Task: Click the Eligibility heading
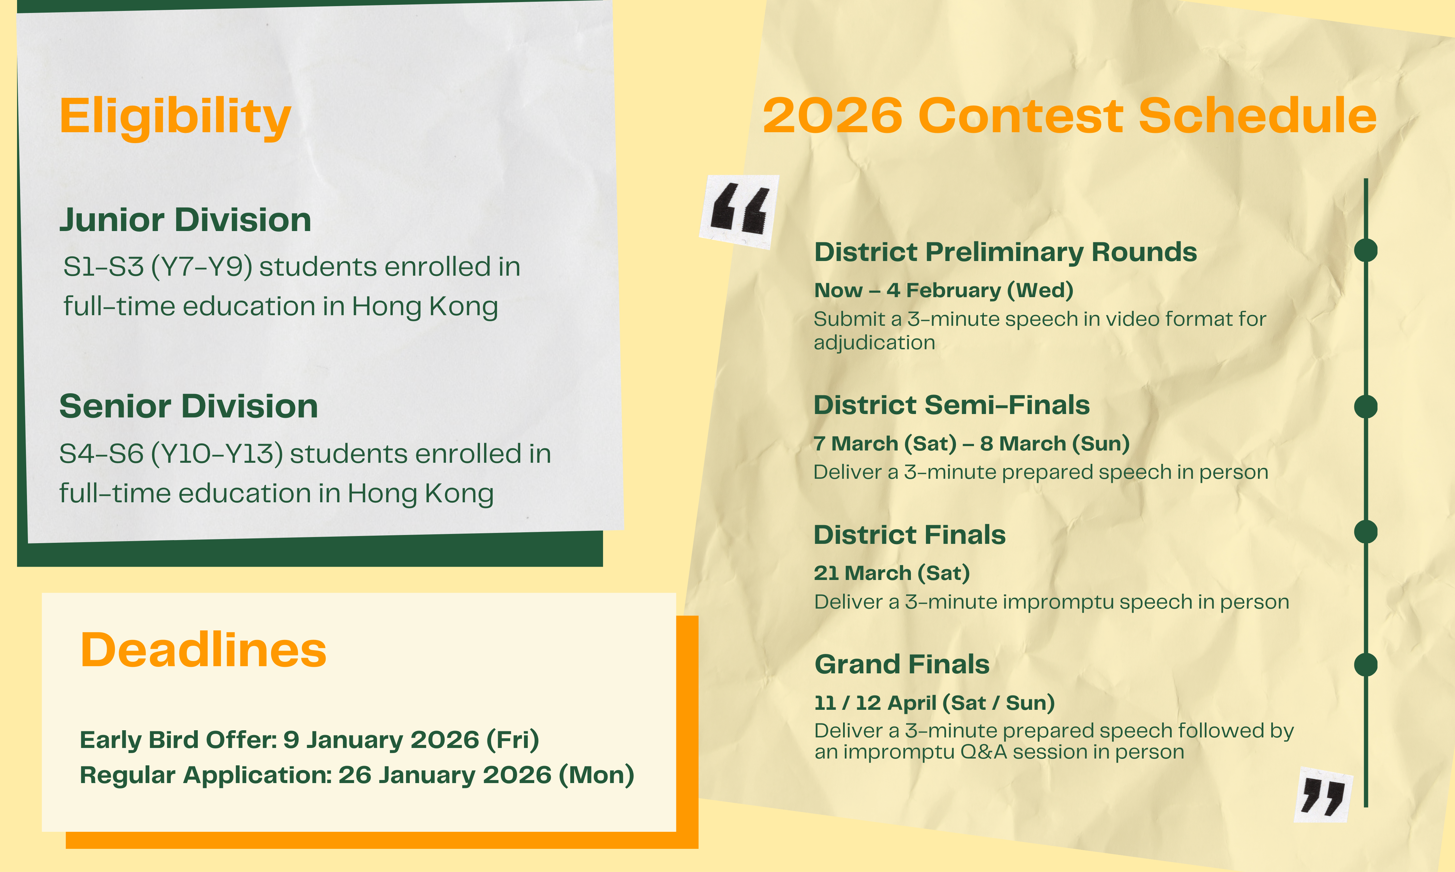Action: click(175, 118)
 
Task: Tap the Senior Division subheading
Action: click(189, 406)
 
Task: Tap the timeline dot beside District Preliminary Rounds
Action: click(1366, 250)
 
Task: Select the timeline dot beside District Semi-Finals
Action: click(1366, 407)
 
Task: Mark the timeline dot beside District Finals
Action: click(1366, 532)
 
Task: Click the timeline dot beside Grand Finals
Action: click(1366, 664)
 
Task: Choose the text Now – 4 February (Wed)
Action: click(944, 290)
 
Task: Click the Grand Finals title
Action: click(902, 664)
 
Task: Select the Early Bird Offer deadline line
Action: click(309, 740)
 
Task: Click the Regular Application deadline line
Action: click(357, 775)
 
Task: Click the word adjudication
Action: click(874, 342)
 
